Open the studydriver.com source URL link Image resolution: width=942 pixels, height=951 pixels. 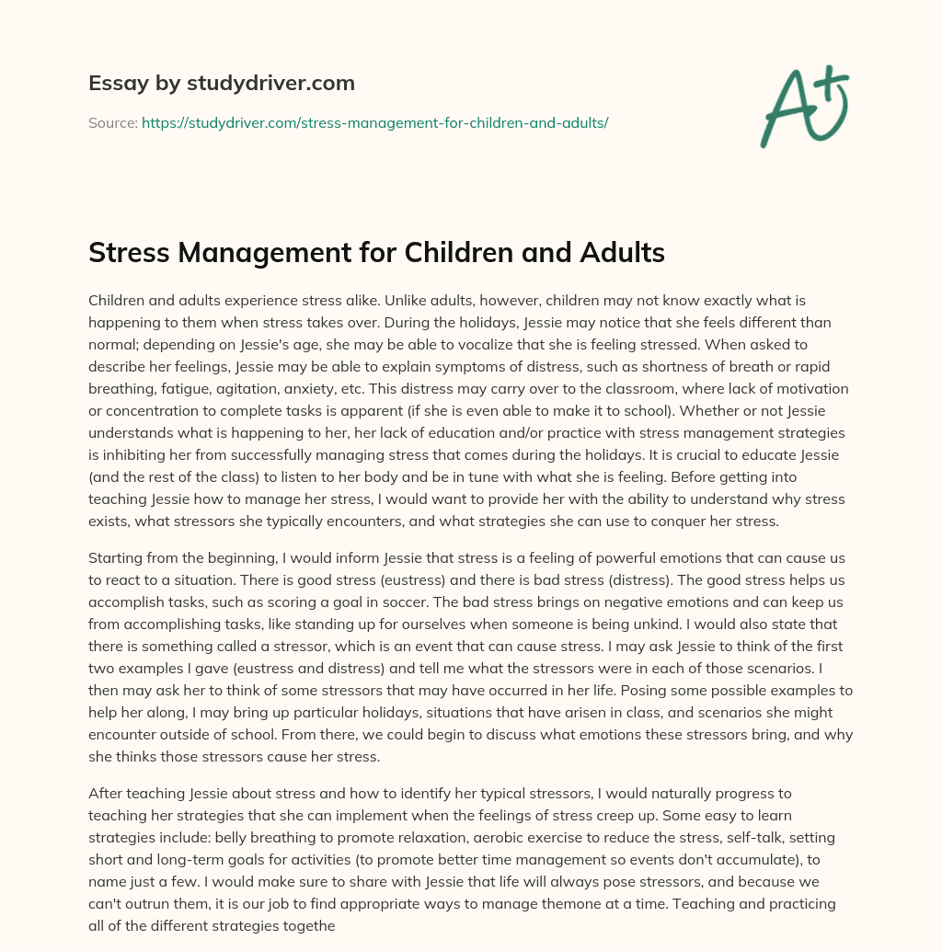coord(374,121)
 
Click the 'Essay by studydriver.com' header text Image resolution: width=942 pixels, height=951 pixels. coord(221,83)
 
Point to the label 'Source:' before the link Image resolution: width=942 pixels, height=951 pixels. coord(112,121)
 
